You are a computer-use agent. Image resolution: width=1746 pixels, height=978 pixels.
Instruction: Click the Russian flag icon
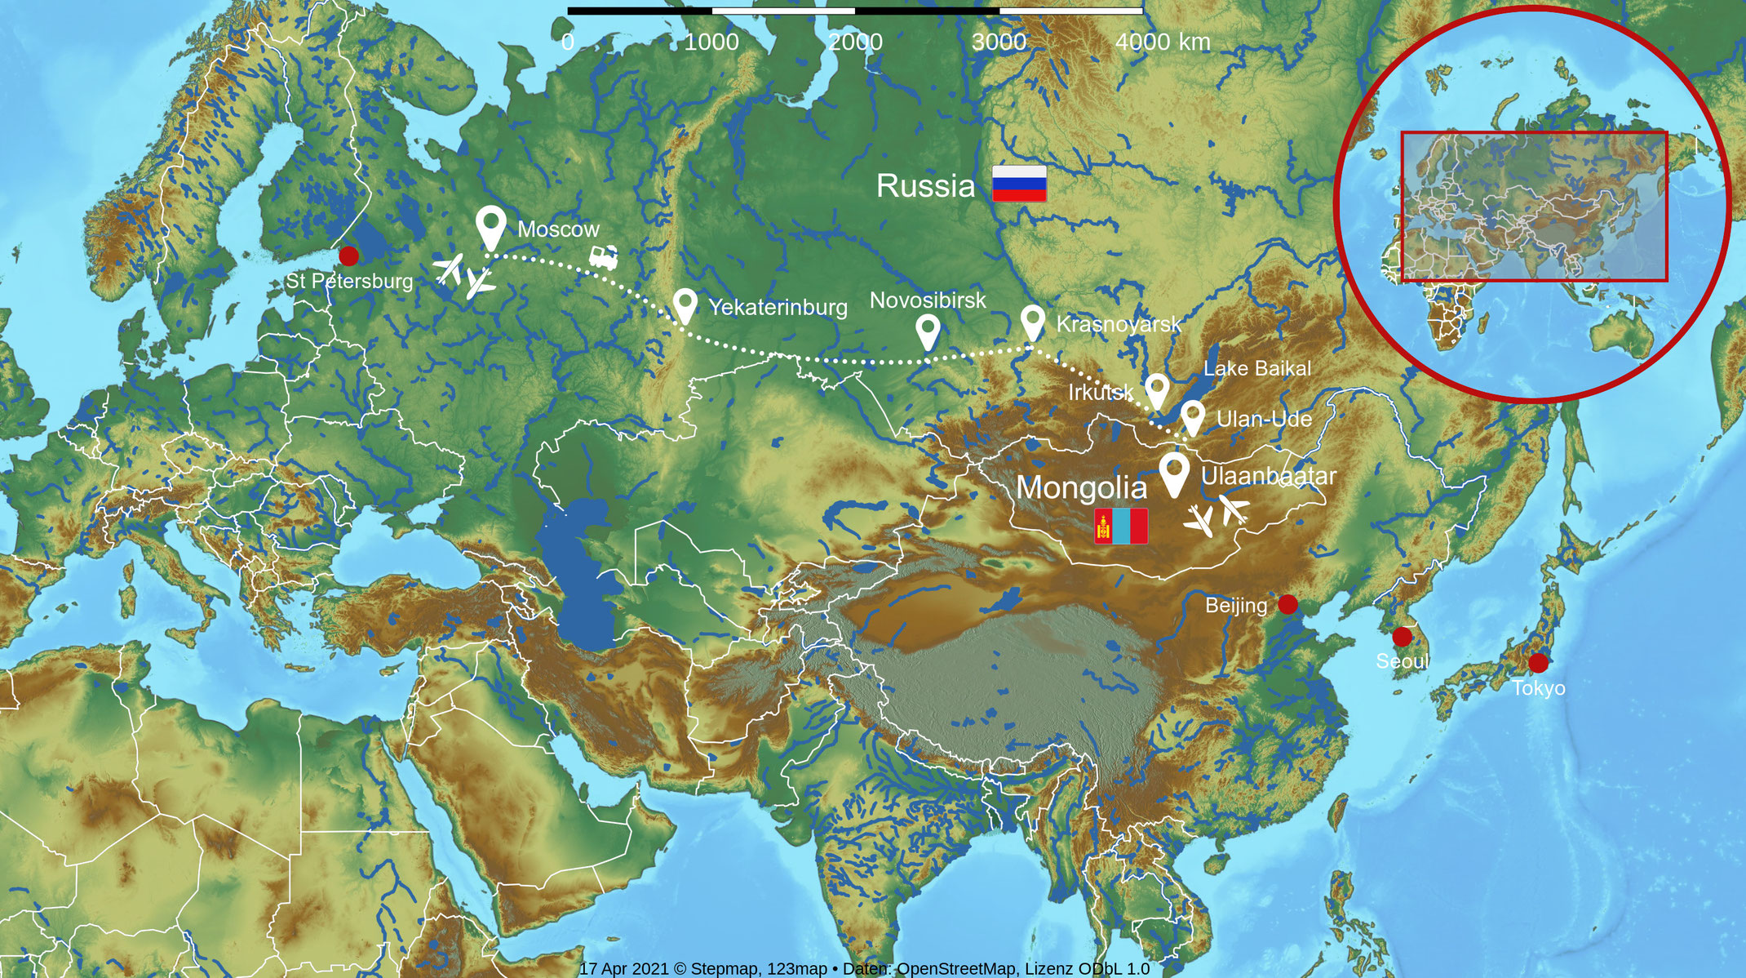click(x=1019, y=183)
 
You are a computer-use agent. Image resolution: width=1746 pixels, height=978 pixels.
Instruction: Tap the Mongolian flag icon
click(x=1121, y=526)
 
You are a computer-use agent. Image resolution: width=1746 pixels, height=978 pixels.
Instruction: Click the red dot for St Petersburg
click(x=348, y=256)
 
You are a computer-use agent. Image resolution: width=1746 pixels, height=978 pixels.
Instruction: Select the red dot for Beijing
click(x=1287, y=605)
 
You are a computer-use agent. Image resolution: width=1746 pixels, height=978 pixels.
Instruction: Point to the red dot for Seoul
click(x=1402, y=637)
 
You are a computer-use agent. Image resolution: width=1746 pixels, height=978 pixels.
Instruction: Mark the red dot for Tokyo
click(x=1538, y=663)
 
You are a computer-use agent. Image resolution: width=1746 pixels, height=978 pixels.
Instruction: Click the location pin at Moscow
click(x=490, y=225)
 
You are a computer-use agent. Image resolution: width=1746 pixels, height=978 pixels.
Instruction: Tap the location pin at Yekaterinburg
click(x=685, y=305)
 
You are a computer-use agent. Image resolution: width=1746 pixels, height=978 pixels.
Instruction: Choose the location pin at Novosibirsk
click(x=928, y=331)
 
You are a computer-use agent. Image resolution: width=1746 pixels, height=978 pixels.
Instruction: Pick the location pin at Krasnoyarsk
click(x=1033, y=321)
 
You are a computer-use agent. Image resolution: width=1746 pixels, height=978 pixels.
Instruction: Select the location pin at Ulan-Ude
click(x=1193, y=416)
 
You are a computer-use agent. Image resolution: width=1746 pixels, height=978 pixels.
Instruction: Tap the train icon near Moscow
click(x=604, y=258)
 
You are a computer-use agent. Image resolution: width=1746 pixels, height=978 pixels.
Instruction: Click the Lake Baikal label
click(x=1257, y=368)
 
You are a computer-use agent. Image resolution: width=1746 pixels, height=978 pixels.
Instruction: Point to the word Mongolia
click(x=1081, y=487)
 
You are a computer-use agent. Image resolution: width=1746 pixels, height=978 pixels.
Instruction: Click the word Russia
click(x=925, y=186)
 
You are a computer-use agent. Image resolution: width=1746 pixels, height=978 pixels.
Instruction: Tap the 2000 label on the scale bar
click(x=855, y=42)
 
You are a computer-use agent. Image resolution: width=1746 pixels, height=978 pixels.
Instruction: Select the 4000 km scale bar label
click(x=1163, y=42)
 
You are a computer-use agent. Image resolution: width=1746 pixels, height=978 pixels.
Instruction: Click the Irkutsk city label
click(x=1101, y=393)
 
